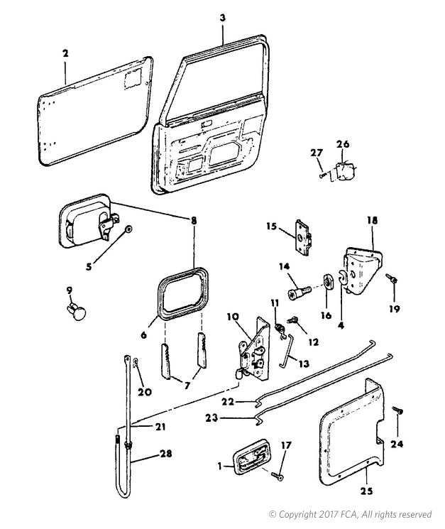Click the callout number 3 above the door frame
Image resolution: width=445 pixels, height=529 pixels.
223,18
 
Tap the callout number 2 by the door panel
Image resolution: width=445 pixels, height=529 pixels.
65,53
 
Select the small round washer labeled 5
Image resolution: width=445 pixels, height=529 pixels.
128,229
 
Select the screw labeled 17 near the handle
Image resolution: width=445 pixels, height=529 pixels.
277,476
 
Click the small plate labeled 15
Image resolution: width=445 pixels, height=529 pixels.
304,237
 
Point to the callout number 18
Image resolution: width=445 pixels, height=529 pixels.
372,221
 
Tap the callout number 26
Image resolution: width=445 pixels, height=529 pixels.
343,144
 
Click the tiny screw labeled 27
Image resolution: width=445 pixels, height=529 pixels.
322,175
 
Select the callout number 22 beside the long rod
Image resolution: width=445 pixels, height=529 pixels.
227,401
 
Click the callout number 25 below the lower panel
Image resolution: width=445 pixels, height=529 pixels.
366,491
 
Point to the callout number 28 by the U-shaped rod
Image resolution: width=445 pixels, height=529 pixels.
165,454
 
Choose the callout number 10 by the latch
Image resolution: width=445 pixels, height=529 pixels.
233,317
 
